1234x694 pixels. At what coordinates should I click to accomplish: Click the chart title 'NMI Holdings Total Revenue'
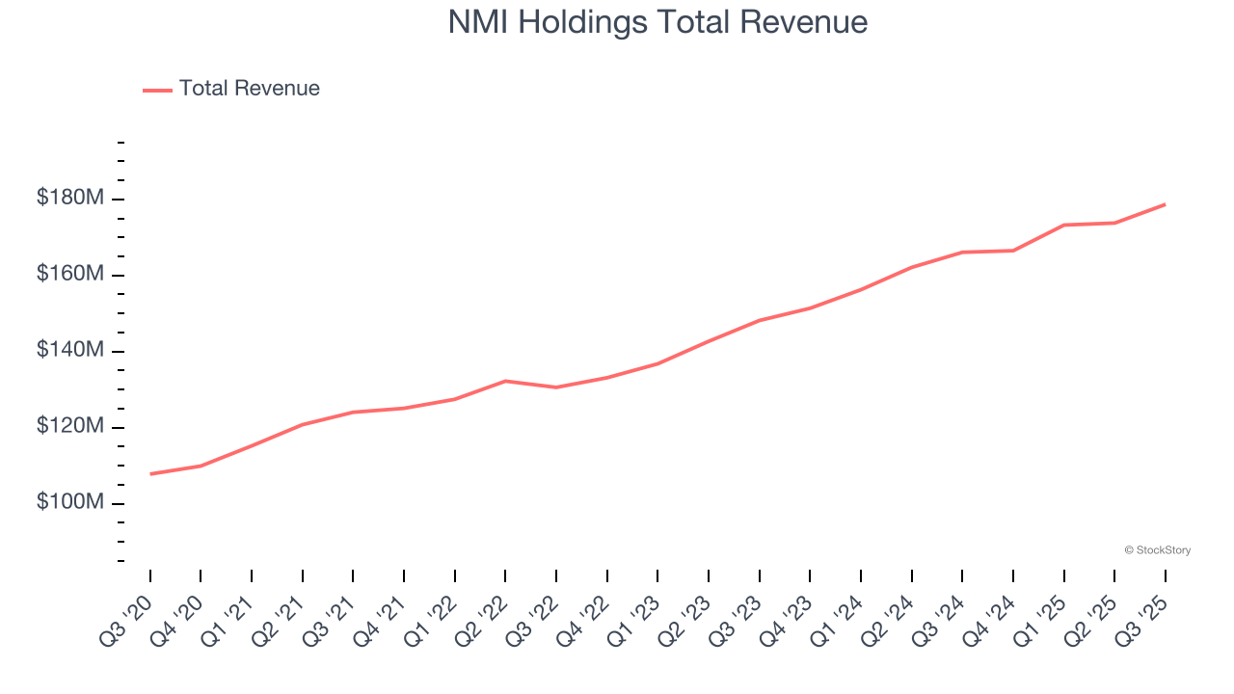[657, 22]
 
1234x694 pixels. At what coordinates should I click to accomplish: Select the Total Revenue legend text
[249, 89]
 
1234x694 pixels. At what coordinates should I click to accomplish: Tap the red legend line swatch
[157, 90]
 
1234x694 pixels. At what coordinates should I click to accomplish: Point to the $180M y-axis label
[70, 199]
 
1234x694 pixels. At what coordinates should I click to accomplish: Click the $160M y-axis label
[70, 275]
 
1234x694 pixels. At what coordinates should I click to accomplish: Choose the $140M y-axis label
[70, 351]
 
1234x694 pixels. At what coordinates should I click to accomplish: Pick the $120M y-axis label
[70, 427]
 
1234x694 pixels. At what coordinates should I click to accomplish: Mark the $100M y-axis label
[70, 503]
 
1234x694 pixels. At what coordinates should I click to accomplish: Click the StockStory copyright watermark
[1157, 550]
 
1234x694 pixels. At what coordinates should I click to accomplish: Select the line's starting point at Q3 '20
[150, 473]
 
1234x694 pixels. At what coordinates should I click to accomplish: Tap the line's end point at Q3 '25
[1165, 204]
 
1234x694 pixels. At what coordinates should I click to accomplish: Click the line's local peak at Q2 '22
[505, 381]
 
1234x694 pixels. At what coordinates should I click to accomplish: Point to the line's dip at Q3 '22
[556, 387]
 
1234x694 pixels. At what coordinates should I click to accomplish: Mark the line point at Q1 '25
[1063, 225]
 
